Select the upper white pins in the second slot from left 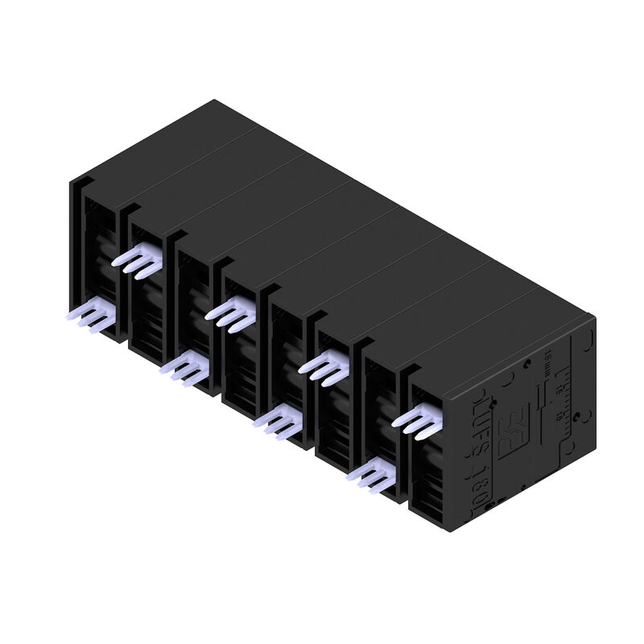[x=138, y=260]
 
